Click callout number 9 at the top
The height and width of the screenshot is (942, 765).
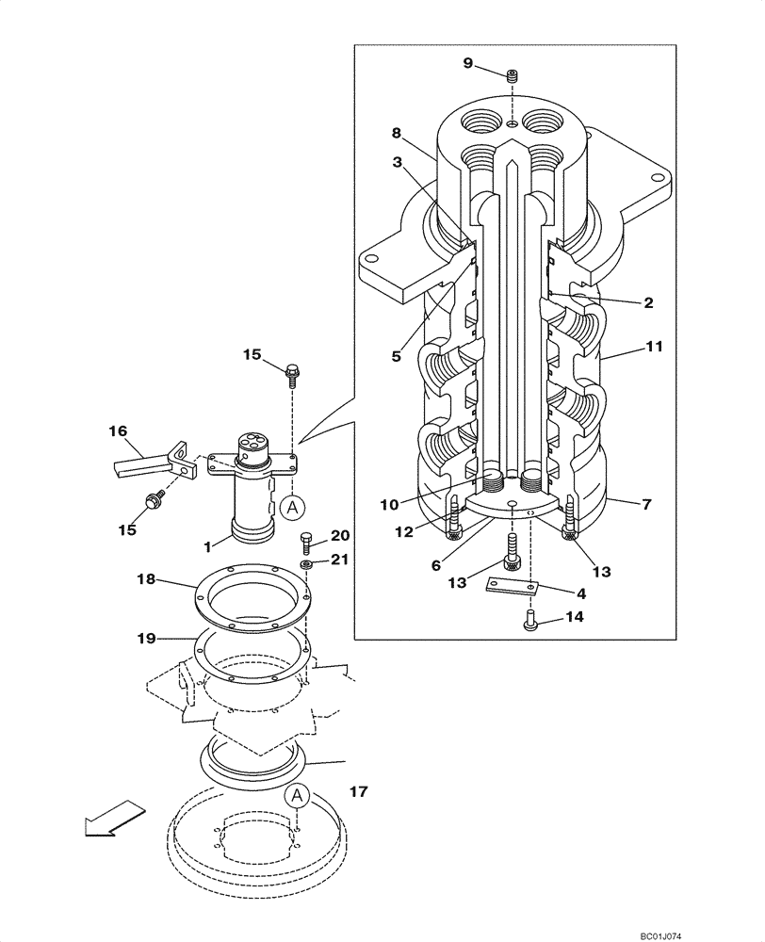[x=467, y=63]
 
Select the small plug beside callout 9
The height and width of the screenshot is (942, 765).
[x=513, y=76]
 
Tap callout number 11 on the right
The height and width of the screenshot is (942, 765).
[x=654, y=347]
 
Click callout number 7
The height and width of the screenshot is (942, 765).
[x=646, y=506]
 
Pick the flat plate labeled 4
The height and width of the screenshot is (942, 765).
[x=512, y=587]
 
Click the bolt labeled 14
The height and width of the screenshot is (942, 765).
[x=529, y=619]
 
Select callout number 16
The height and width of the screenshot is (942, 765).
[x=117, y=430]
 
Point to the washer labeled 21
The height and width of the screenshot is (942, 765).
[x=306, y=563]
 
